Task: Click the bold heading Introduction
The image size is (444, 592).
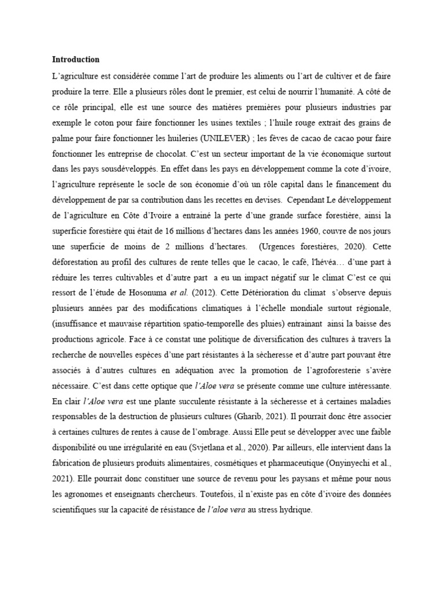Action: (76, 60)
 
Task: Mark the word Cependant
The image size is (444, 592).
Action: (306, 201)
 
